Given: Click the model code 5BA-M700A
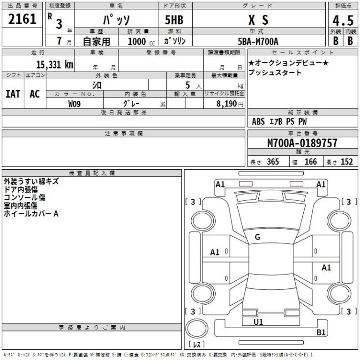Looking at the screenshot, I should (x=258, y=41).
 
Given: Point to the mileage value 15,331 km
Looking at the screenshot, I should (x=54, y=65).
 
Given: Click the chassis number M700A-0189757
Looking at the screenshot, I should (x=302, y=143).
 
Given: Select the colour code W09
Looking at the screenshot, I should (x=75, y=105).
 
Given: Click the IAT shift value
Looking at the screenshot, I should (x=13, y=93).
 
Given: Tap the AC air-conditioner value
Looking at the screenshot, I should (x=35, y=93).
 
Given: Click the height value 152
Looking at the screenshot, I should (x=346, y=162).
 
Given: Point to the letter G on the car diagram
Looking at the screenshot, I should (x=257, y=237).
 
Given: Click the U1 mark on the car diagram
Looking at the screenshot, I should (x=258, y=322).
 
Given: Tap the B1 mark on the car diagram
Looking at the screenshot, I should (x=321, y=332).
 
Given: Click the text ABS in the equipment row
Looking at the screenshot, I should (x=258, y=121).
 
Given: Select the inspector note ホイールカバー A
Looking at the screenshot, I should (x=31, y=213).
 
